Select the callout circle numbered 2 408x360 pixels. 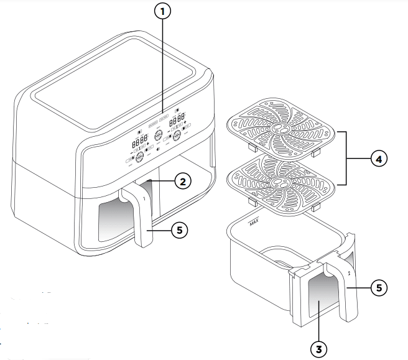click(182, 182)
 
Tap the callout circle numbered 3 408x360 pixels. click(319, 349)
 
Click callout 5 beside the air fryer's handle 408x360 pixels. click(179, 230)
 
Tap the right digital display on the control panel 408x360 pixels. click(177, 118)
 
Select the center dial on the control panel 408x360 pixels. click(159, 136)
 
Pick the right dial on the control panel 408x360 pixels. click(177, 135)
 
